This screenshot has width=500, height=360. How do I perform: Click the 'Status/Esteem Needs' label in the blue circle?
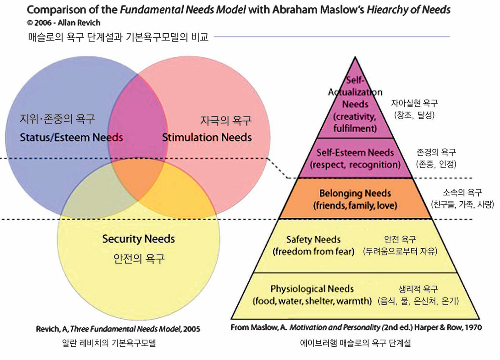point(71,137)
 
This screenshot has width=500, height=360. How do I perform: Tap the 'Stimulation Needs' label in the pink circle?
point(207,137)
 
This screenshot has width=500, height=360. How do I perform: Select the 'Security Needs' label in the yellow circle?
point(138,239)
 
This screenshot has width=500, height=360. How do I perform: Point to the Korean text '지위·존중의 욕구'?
point(57,119)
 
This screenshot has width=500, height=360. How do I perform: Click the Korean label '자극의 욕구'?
point(226,120)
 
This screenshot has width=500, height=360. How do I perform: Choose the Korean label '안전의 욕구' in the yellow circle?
point(139,259)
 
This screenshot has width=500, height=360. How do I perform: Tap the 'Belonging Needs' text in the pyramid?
point(355,193)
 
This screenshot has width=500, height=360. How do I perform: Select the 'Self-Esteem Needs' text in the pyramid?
point(355,152)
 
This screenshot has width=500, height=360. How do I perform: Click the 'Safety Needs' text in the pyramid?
point(313,240)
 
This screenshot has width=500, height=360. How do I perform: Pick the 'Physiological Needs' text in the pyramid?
point(312,289)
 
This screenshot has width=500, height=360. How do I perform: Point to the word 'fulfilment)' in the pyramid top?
point(355,128)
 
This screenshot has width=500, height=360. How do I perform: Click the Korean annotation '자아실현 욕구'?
point(414,103)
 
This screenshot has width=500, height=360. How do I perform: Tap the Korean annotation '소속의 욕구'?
point(462,192)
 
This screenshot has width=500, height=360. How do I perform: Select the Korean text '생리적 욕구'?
point(418,289)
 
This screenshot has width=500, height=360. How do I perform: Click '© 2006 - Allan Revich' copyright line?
point(64,23)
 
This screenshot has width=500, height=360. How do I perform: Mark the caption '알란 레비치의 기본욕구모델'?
point(109,343)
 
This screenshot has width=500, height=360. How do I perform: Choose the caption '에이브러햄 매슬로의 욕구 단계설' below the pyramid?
point(355,343)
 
